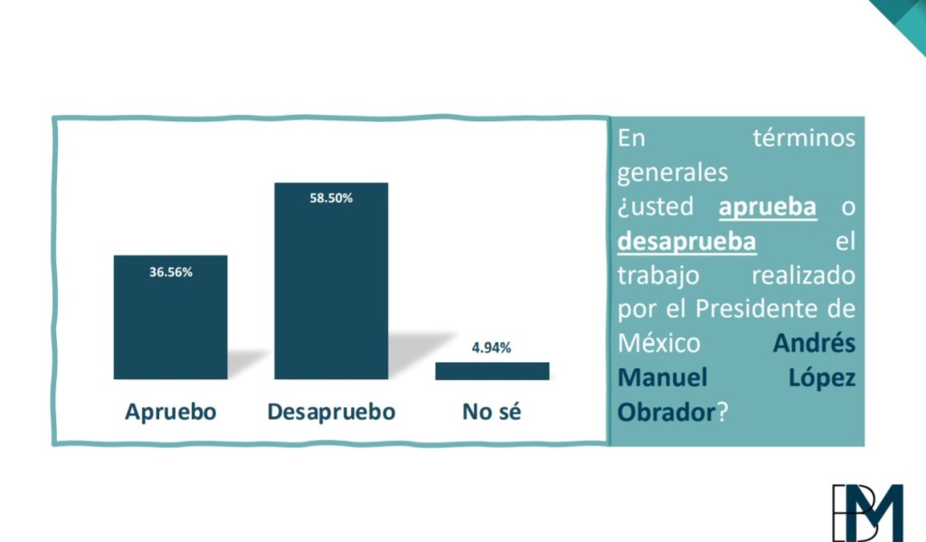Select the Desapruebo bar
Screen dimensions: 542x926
tap(331, 290)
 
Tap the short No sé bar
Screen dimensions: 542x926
tap(492, 371)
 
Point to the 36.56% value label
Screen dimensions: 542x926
tap(171, 271)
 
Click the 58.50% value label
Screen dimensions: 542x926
tap(331, 199)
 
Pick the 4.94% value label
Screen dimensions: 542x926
tap(492, 347)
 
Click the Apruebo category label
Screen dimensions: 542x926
tap(171, 413)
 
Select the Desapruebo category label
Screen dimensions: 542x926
tap(331, 413)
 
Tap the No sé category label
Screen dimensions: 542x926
tap(492, 413)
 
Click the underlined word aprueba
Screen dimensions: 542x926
tap(768, 207)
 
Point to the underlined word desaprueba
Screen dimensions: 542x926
tap(687, 242)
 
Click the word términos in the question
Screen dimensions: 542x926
tap(803, 139)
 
